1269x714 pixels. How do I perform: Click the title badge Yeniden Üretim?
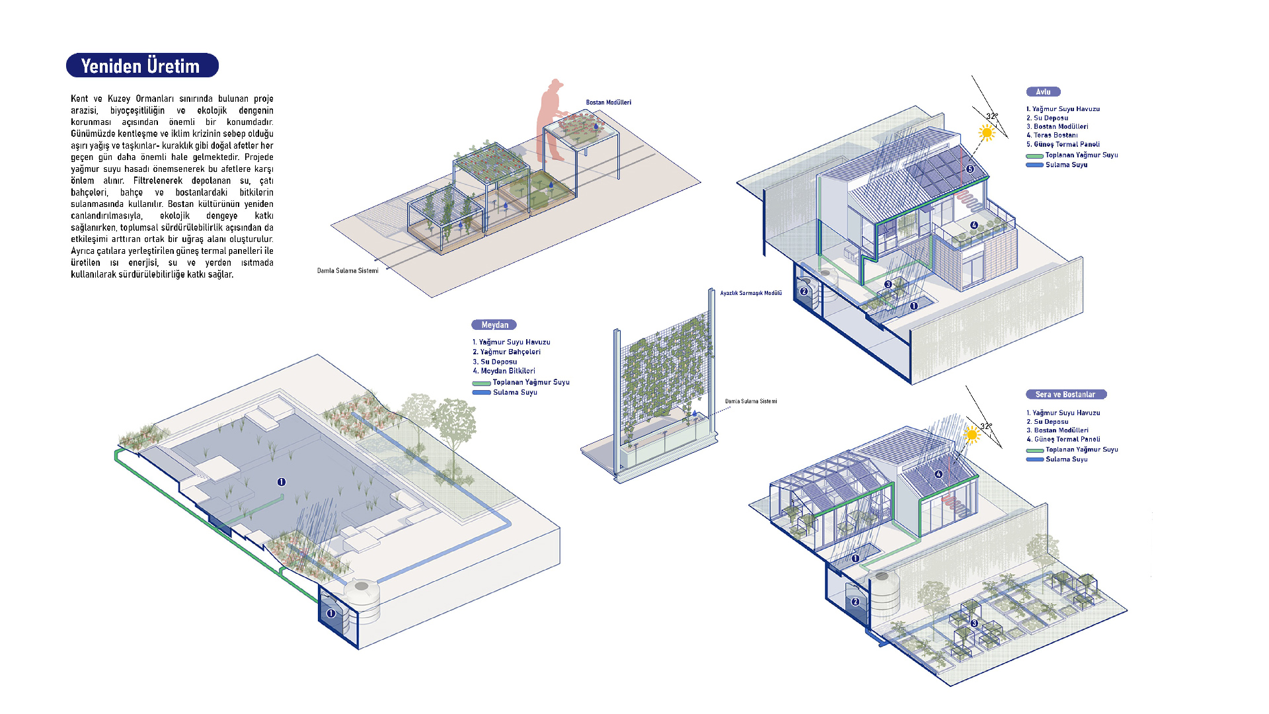click(x=142, y=65)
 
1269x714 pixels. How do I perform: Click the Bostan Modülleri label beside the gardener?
click(x=608, y=102)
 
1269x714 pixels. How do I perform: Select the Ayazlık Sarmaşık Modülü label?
click(x=751, y=293)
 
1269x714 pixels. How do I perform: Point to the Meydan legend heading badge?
click(x=494, y=325)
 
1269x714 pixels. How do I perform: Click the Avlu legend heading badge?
click(x=1043, y=92)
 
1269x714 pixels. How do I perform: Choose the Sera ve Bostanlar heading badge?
click(x=1065, y=395)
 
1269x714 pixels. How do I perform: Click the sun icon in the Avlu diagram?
click(x=987, y=133)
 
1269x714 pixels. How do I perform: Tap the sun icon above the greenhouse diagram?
click(x=971, y=435)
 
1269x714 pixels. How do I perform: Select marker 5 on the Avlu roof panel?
click(x=970, y=169)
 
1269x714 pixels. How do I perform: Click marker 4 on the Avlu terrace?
click(x=974, y=225)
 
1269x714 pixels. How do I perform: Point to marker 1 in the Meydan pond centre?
click(x=282, y=482)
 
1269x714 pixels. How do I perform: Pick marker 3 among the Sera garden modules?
click(x=974, y=623)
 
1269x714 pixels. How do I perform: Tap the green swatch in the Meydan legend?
click(x=481, y=383)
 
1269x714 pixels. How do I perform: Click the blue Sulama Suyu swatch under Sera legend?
click(x=1034, y=459)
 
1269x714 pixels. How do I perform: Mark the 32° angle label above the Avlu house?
click(x=992, y=116)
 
